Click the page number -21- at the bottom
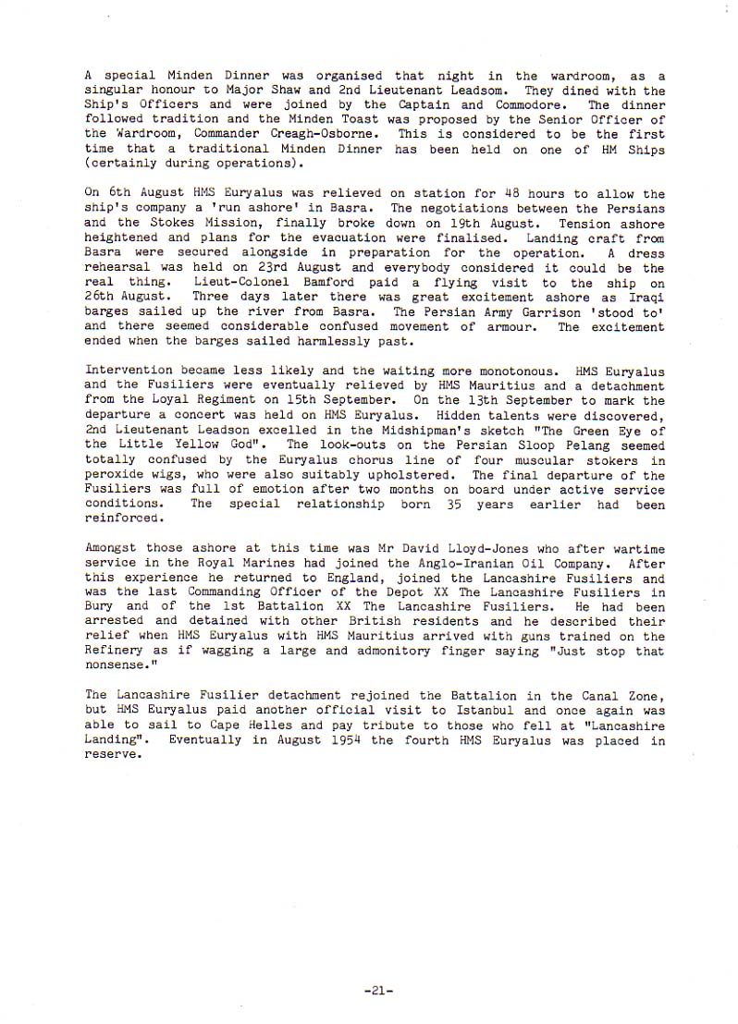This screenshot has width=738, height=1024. pos(379,990)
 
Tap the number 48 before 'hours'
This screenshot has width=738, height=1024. pos(510,194)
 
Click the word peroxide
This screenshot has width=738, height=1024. pos(116,476)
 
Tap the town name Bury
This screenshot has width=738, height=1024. pos(100,607)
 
